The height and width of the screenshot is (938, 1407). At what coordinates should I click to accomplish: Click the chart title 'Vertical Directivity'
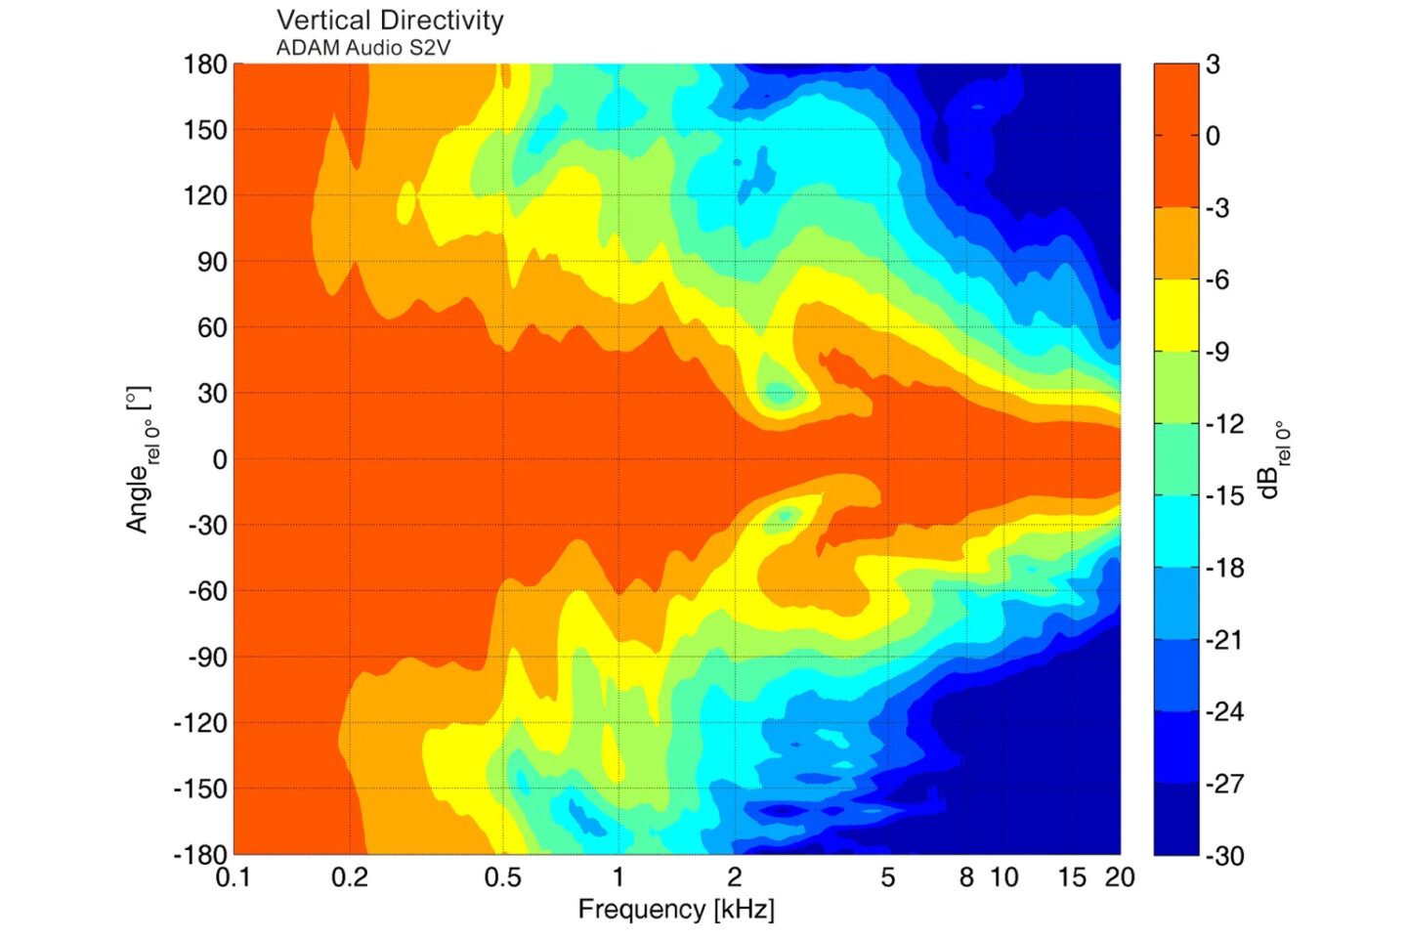[x=390, y=21]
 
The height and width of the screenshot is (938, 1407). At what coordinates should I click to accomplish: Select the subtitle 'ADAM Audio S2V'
[x=362, y=48]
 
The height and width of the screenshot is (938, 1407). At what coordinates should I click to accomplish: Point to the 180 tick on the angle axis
[x=205, y=65]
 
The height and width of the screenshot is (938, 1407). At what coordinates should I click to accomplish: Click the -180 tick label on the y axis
[x=200, y=854]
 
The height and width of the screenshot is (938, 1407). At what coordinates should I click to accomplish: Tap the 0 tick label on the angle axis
[x=220, y=459]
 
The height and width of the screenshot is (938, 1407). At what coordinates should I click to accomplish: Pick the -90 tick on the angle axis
[x=207, y=658]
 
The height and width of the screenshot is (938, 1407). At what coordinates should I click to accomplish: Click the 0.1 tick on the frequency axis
[x=233, y=877]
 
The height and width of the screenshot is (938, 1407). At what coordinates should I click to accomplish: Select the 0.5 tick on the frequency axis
[x=502, y=877]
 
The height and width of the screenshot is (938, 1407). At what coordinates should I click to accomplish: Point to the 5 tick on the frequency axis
[x=887, y=877]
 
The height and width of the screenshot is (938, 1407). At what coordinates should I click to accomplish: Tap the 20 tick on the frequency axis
[x=1120, y=877]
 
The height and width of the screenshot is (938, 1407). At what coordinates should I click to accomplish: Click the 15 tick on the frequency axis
[x=1072, y=877]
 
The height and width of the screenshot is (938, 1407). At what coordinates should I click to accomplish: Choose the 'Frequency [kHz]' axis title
[x=676, y=910]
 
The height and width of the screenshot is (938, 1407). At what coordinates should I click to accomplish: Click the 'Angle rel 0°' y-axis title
[x=141, y=459]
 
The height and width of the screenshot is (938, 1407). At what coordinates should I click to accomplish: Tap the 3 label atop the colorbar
[x=1213, y=64]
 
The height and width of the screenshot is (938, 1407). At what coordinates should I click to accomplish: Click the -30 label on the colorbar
[x=1224, y=856]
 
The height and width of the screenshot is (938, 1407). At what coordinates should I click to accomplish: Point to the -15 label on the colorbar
[x=1224, y=496]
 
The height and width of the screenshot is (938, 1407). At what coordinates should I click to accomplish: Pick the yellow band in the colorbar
[x=1175, y=316]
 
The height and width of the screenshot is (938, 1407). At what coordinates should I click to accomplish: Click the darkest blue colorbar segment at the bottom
[x=1175, y=819]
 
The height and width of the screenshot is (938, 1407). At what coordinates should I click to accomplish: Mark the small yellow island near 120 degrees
[x=406, y=203]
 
